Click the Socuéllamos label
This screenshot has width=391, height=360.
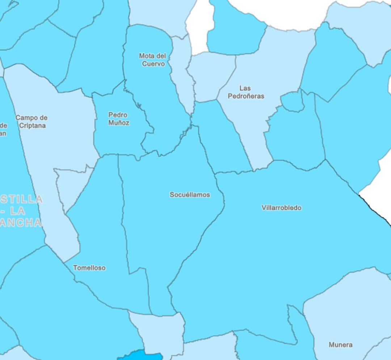click(x=190, y=195)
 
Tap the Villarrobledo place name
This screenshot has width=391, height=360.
click(x=281, y=208)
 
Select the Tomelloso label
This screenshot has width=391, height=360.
click(x=89, y=268)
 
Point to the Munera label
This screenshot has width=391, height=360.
click(x=340, y=345)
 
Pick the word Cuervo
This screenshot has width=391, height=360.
click(x=153, y=64)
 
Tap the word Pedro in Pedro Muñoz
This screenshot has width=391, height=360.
click(x=118, y=115)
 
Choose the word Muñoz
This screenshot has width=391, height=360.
click(x=118, y=123)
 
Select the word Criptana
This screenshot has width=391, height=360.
click(x=32, y=126)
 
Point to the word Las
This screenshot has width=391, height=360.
click(x=245, y=88)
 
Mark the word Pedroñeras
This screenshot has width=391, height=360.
click(x=246, y=96)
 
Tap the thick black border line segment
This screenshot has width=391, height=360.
click(x=375, y=210)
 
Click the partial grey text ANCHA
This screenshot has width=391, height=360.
click(x=21, y=223)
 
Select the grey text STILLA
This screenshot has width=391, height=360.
click(x=22, y=199)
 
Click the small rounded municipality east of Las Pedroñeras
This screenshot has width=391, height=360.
click(x=292, y=101)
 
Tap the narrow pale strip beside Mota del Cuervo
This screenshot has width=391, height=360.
click(x=183, y=72)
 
